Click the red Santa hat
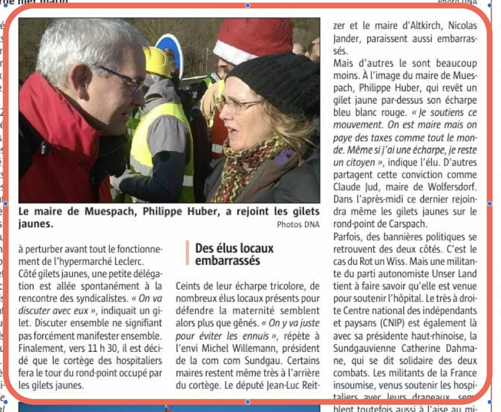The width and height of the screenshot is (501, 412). (254, 38)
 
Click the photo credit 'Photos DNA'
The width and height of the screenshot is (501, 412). (298, 224)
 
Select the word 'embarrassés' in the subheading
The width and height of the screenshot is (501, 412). (227, 261)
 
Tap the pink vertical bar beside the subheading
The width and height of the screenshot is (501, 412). (187, 253)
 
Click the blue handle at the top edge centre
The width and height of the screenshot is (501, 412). (248, 5)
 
